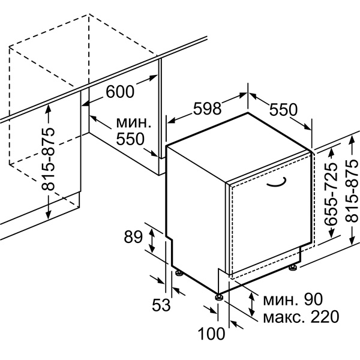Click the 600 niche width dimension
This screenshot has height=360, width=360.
(x=120, y=92)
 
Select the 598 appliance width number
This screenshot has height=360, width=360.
(x=208, y=109)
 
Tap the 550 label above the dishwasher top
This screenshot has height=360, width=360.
(x=283, y=110)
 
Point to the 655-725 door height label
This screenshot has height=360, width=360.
(x=331, y=194)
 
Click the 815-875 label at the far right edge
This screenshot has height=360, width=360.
(x=351, y=191)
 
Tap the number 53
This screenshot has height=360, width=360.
(x=161, y=305)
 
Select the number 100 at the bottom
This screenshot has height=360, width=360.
(x=211, y=334)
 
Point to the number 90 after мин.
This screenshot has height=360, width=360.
(x=313, y=299)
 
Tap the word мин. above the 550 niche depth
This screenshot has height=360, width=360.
(x=134, y=123)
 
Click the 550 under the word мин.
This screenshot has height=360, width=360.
(x=130, y=139)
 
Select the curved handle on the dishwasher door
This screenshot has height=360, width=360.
(x=277, y=181)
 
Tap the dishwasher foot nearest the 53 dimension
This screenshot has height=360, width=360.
(x=179, y=272)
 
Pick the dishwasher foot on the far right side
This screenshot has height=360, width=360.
(x=293, y=268)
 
